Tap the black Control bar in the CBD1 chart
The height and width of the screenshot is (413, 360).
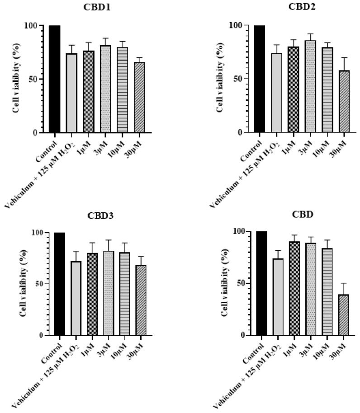pyautogui.click(x=54, y=79)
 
